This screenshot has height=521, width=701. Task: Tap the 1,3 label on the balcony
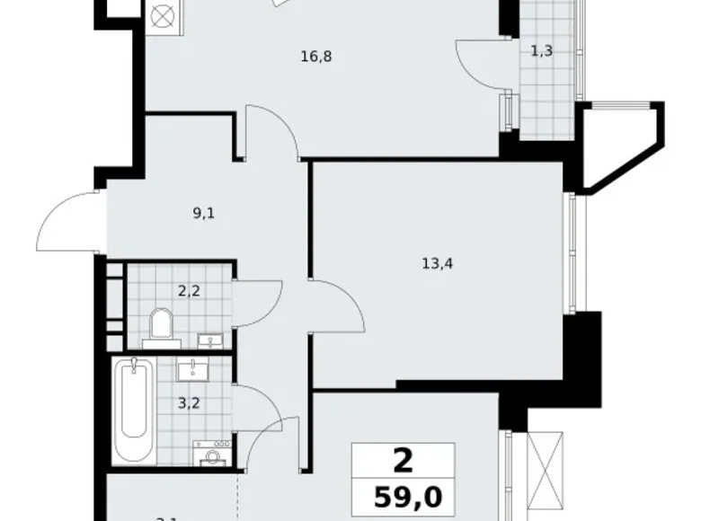(541, 51)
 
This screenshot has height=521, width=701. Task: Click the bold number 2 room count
(404, 462)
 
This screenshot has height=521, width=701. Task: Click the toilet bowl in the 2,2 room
(163, 326)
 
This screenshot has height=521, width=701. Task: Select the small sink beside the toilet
(212, 340)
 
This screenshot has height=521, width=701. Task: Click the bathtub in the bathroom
(134, 411)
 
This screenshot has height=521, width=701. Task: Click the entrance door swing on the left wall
(67, 220)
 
